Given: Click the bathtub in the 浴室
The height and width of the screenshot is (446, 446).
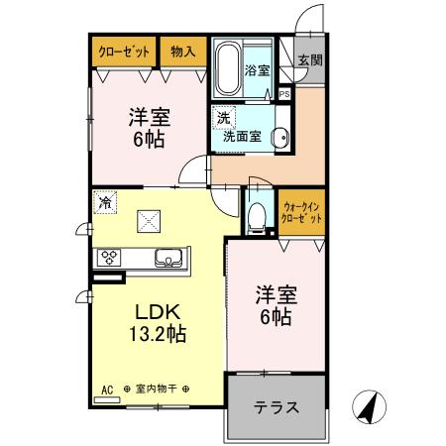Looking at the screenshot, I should pos(227,66).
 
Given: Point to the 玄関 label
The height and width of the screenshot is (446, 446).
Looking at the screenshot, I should pos(310,61).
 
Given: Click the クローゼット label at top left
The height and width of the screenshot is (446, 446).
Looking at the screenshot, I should pos(123,51).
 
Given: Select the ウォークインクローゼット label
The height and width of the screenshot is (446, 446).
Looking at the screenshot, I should pos(301,210).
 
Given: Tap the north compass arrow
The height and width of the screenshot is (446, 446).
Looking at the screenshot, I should pos(369,405).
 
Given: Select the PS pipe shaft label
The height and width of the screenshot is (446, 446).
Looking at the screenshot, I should pos(284,94).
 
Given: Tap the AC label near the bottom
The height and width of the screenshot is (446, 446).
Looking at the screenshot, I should pos(108,390).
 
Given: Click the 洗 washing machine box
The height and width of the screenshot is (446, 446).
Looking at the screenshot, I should pos(223,118).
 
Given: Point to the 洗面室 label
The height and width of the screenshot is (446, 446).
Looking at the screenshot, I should pos(243,137).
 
